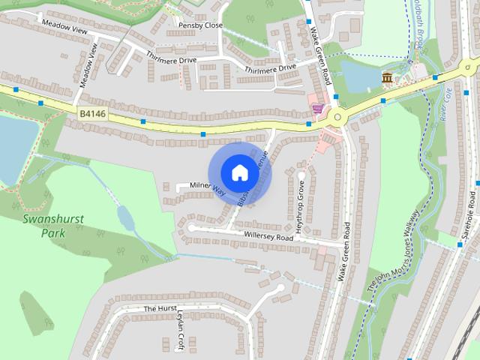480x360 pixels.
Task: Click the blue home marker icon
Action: (x=238, y=172)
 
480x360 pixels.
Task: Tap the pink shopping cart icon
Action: (x=318, y=109)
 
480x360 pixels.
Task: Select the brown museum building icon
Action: (x=388, y=77)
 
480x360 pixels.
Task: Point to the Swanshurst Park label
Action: (x=52, y=225)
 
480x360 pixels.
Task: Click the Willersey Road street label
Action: (x=267, y=236)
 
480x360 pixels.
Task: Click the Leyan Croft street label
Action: (x=179, y=327)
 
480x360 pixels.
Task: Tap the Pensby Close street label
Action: (x=200, y=25)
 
